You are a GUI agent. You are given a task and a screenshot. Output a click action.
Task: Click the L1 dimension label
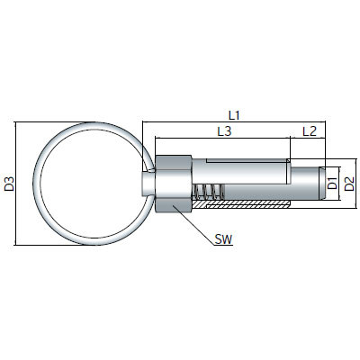click(234, 115)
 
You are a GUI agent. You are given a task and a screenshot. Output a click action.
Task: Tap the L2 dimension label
click(310, 131)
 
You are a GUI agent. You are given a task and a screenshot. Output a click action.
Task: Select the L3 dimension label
click(224, 131)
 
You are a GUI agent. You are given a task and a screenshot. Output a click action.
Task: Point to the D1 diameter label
click(332, 184)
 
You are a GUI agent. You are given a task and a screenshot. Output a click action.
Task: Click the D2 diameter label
click(349, 184)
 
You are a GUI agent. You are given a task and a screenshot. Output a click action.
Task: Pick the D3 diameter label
click(10, 184)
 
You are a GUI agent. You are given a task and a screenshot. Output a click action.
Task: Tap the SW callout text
click(223, 239)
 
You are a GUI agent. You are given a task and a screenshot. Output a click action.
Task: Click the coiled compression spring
click(208, 193)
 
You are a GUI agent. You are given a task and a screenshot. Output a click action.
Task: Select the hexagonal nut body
click(174, 184)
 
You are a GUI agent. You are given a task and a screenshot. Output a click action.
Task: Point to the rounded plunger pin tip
click(321, 184)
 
